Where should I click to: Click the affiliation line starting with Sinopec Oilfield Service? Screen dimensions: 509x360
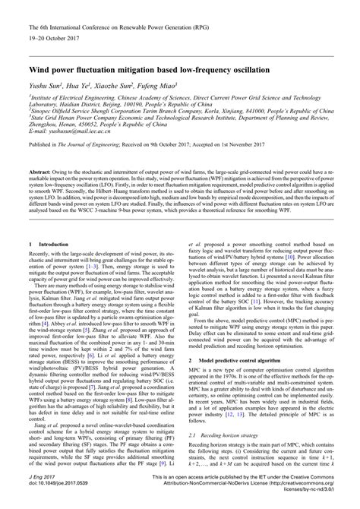coord(175,111)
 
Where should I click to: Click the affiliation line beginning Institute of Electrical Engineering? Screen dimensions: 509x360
coord(175,98)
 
